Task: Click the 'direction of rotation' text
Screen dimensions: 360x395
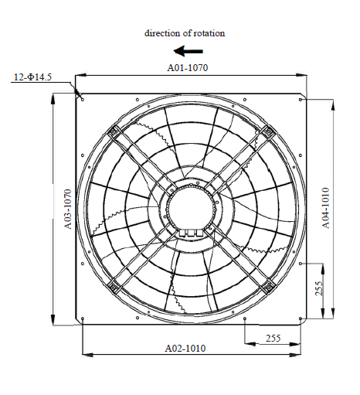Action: point(185,33)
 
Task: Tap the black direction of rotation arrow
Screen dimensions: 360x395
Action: point(188,51)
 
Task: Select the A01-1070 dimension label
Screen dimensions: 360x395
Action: point(188,68)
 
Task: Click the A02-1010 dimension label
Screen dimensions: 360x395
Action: point(185,349)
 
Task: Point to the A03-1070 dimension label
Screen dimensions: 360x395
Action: point(67,209)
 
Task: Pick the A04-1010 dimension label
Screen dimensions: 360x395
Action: point(325,208)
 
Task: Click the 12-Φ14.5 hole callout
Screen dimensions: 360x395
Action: point(32,77)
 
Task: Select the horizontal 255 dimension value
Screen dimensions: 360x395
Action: point(273,338)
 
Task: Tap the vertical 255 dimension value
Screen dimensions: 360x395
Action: point(319,288)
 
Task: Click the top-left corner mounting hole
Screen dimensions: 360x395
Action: point(83,100)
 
